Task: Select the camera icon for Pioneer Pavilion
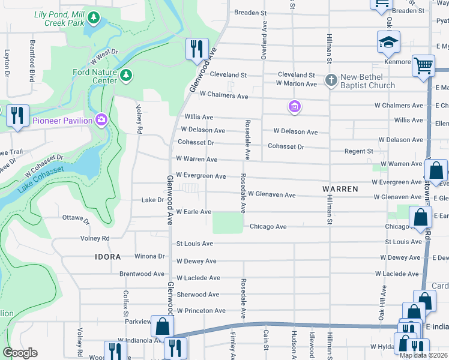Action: point(100,120)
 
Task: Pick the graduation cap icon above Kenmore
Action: point(388,43)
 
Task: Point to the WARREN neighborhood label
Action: point(340,188)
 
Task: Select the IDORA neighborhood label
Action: point(108,256)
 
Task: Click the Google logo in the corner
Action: point(20,352)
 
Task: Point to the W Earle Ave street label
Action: point(193,212)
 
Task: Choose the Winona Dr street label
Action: point(150,256)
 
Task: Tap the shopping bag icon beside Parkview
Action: point(162,326)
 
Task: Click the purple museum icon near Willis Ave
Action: point(294,107)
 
